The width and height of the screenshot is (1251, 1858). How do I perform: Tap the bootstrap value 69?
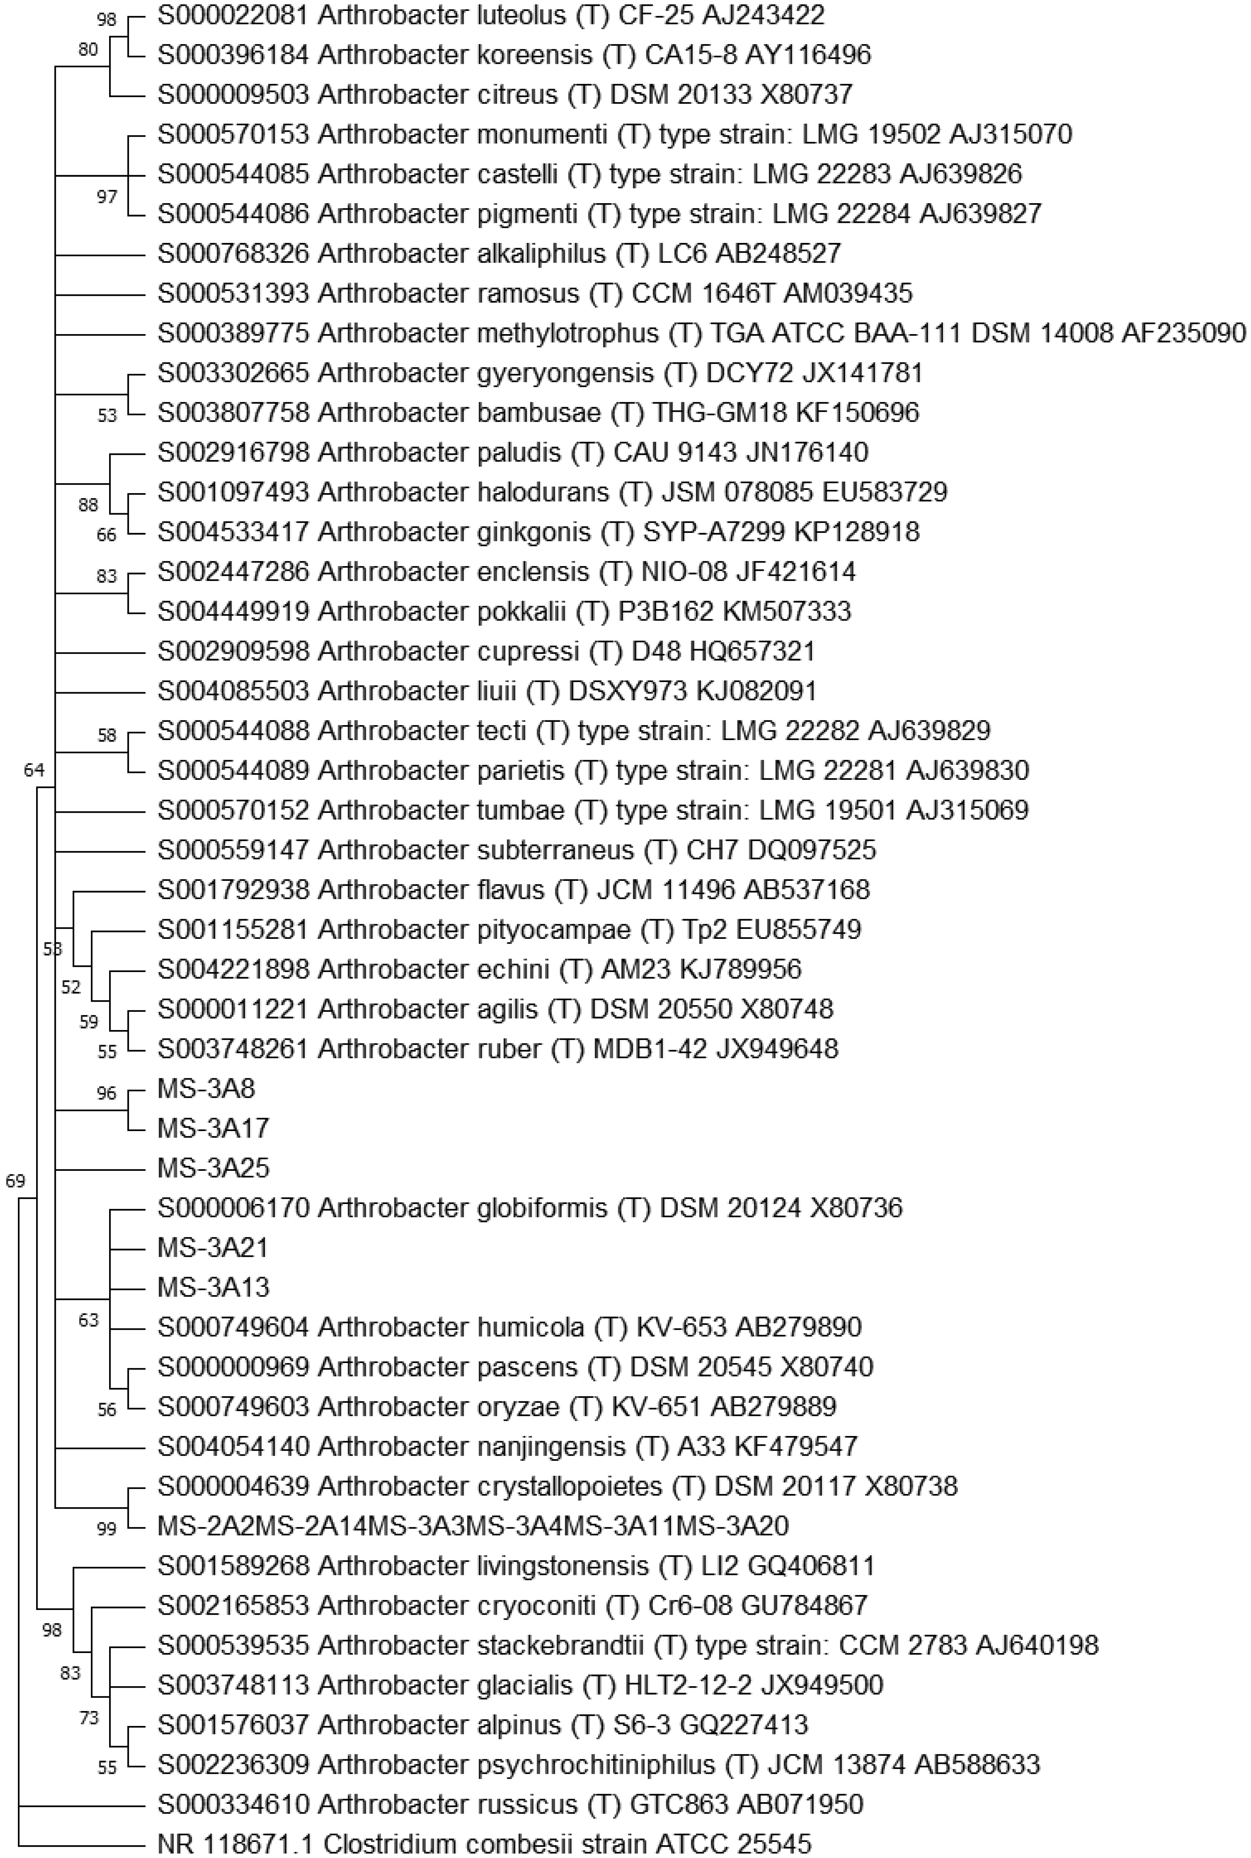pos(15,1181)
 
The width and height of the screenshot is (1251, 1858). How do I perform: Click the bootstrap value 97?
pos(106,197)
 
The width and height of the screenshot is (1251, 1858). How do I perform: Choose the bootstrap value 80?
pos(88,50)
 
